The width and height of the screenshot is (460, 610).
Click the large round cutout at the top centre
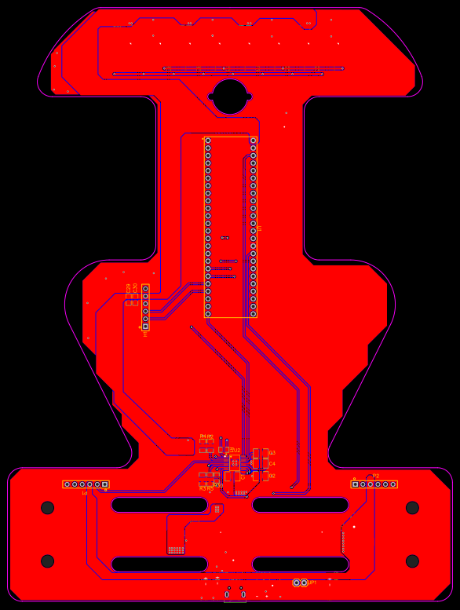[x=230, y=96]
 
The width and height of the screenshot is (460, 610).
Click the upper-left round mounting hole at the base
[x=48, y=508]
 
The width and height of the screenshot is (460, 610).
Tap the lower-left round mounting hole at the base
[x=48, y=561]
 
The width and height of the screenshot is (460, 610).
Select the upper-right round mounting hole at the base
[x=412, y=508]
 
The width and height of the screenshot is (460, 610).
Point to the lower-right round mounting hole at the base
[x=412, y=561]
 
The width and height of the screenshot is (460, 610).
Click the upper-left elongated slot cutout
[x=159, y=505]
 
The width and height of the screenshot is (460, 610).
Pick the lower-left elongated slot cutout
[x=159, y=564]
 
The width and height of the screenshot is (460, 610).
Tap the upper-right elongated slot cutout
[x=301, y=505]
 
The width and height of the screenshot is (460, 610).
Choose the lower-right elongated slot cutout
[x=301, y=564]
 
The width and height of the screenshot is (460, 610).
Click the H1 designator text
[x=145, y=334]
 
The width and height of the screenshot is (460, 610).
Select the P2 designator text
[x=375, y=477]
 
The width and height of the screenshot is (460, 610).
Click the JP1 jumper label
[x=312, y=583]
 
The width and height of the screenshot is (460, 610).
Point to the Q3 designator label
[x=272, y=453]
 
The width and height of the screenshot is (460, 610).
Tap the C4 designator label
[x=272, y=464]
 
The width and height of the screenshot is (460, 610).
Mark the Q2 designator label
[x=272, y=476]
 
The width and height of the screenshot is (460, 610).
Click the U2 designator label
[x=236, y=450]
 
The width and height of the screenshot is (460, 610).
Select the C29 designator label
[x=128, y=288]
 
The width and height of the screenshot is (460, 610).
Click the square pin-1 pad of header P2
[x=355, y=484]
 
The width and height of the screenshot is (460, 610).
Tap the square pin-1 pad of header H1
[x=145, y=326]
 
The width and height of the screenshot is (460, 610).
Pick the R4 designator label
[x=203, y=436]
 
